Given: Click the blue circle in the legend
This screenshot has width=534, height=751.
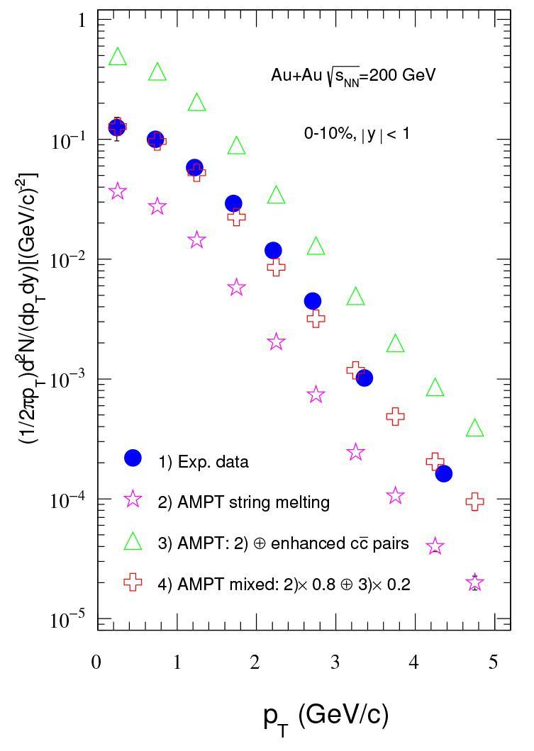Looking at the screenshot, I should [133, 458].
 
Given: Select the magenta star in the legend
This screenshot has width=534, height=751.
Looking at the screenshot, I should [133, 499].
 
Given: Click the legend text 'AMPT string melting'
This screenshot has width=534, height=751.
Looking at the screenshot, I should [243, 502].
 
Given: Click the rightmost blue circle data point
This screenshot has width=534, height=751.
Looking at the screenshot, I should [444, 473].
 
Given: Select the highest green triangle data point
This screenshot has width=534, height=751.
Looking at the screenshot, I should [118, 57].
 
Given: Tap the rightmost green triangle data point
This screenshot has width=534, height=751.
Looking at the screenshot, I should [475, 428].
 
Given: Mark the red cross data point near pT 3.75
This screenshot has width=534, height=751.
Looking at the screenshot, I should [396, 417].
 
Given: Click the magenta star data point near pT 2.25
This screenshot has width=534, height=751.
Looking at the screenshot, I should [277, 341].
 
